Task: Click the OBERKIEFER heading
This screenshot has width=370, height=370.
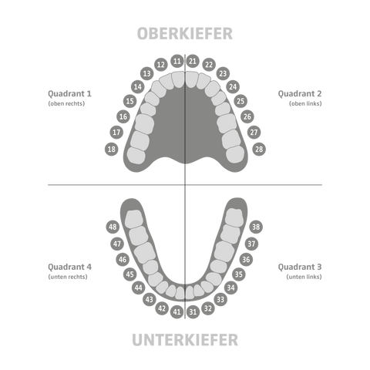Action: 185,33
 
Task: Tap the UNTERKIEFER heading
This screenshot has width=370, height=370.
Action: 185,340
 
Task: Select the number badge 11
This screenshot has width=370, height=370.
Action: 177,61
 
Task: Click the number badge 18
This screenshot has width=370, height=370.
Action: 112,149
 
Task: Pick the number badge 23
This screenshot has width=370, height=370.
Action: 223,73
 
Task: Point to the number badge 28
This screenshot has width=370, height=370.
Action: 259,149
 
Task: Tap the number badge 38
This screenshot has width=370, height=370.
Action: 256,227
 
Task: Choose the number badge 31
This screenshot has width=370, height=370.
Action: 193,311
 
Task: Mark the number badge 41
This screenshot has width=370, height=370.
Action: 177,311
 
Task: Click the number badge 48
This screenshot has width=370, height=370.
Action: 113,227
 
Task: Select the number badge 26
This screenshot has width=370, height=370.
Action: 247,116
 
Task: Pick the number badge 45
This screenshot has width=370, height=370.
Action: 130,274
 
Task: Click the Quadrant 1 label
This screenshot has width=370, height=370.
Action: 69,94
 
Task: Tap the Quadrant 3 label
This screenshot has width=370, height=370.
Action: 300,267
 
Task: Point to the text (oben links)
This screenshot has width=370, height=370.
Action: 305,103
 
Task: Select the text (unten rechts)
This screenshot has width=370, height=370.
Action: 68,277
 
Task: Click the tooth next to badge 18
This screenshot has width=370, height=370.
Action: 136,156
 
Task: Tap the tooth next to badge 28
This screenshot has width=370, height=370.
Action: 235,154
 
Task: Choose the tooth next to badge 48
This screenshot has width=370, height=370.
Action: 133,219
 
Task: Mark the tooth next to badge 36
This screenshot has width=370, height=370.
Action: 224,251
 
